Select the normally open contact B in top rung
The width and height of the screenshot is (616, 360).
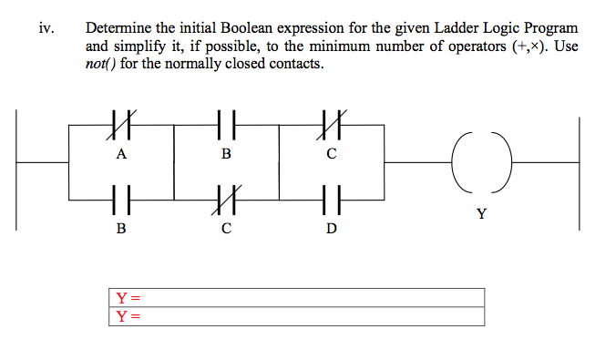tap(226, 121)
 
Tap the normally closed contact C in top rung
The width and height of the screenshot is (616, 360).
tap(331, 121)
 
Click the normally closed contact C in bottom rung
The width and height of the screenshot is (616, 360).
tap(226, 196)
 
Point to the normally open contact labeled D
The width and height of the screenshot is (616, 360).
tap(331, 196)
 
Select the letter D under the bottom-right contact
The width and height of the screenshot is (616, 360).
tap(331, 228)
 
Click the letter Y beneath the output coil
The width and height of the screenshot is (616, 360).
tap(480, 214)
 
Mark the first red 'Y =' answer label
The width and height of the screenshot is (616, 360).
tap(128, 298)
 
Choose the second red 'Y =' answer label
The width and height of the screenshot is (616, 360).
tap(128, 316)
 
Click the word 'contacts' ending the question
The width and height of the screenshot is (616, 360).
tap(295, 64)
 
